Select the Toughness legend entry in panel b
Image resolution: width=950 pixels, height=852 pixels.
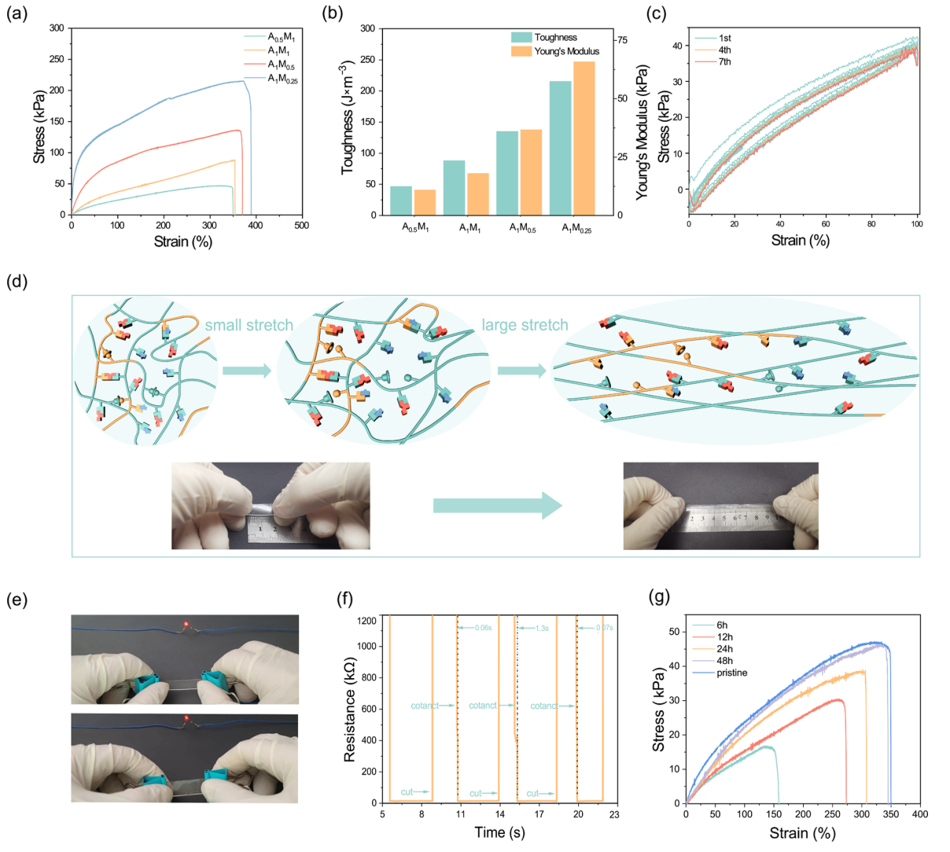pos(555,37)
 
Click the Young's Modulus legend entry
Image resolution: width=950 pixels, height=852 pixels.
pos(566,51)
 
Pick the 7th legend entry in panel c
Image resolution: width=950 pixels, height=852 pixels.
pos(724,61)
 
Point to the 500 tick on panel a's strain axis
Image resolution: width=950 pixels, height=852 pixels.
pos(301,226)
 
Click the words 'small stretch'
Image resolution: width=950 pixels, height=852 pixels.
pos(249,325)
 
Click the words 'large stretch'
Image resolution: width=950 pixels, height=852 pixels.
pos(525,325)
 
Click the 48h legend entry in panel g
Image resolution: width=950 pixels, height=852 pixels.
pos(724,661)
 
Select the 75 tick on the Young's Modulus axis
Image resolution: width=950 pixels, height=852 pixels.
pos(621,40)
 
